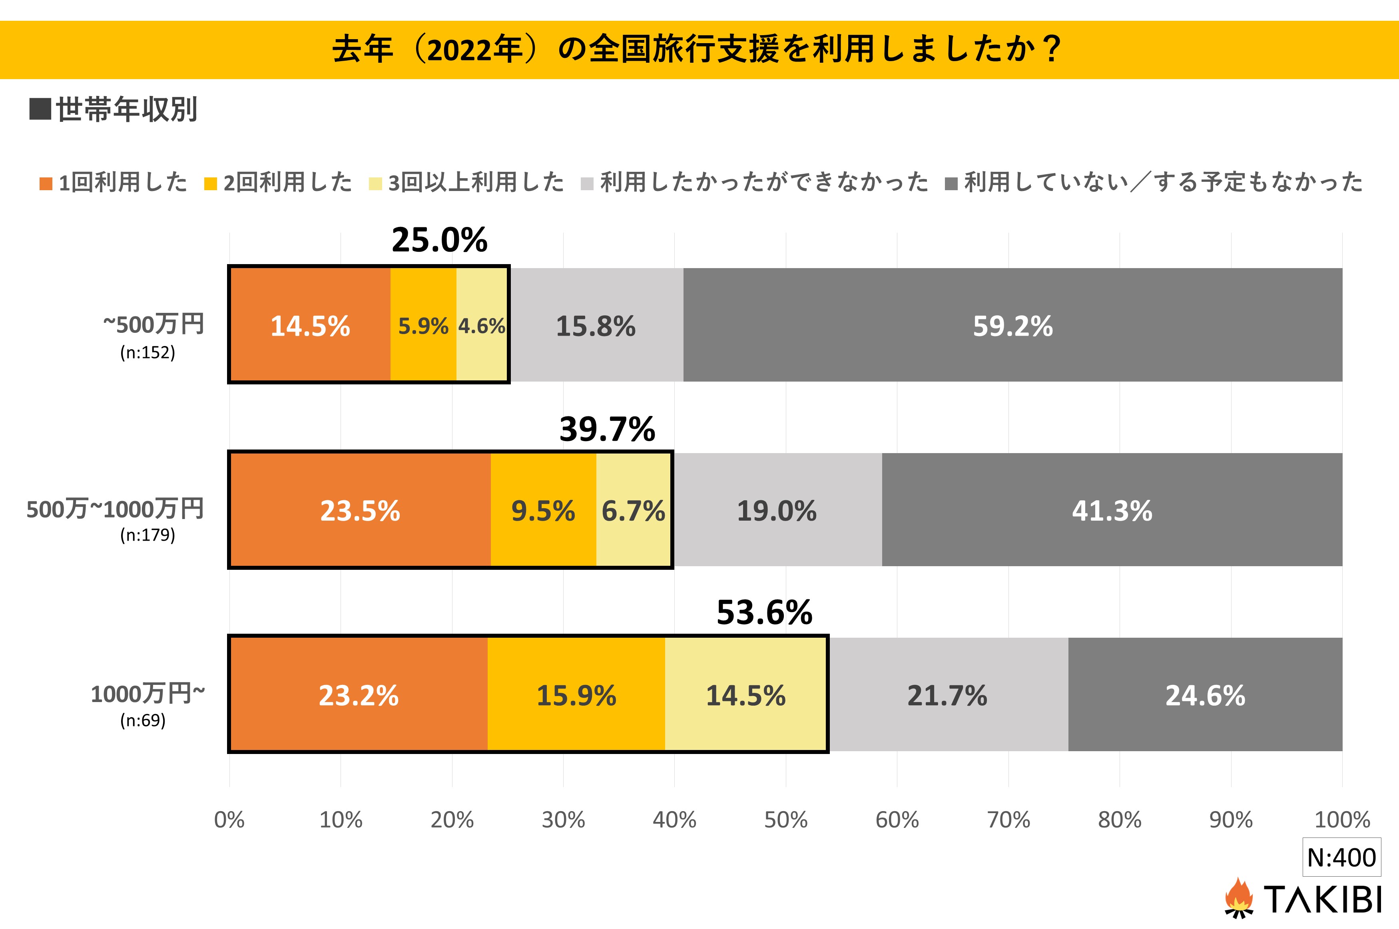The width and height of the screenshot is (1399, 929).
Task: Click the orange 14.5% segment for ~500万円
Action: [x=310, y=325]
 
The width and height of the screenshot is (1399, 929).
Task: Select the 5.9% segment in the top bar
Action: [x=423, y=325]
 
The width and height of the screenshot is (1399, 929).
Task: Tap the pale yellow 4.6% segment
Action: [x=481, y=325]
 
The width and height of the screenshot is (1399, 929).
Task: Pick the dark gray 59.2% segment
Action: [x=1012, y=325]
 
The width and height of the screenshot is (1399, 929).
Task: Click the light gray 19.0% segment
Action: [x=777, y=510]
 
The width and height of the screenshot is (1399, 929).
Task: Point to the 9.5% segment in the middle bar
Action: [x=543, y=510]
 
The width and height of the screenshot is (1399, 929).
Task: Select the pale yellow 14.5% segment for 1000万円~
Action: [x=745, y=695]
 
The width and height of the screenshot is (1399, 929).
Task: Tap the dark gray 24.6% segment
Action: [x=1205, y=695]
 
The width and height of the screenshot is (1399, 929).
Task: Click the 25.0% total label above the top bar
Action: [x=439, y=240]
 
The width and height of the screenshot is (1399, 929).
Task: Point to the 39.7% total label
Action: [x=607, y=429]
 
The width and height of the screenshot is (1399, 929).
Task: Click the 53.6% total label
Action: [x=764, y=613]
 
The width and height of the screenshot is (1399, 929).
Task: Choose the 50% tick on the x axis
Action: [x=786, y=820]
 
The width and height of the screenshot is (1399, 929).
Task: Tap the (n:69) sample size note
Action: [x=143, y=720]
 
